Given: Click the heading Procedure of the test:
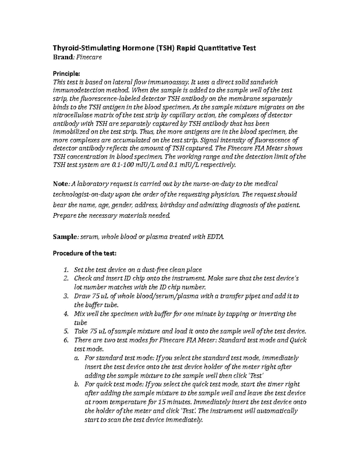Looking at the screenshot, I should pyautogui.click(x=84, y=253).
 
